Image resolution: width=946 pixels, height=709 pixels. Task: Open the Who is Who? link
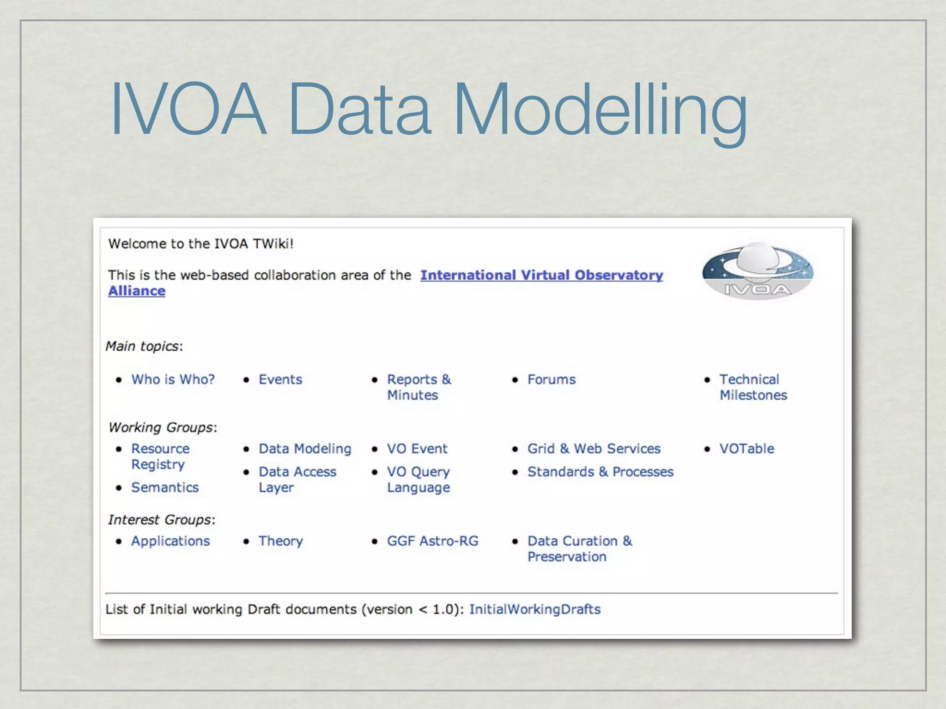tap(173, 379)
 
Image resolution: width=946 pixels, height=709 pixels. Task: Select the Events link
tap(280, 379)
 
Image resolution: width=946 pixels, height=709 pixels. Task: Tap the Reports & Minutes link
tap(418, 387)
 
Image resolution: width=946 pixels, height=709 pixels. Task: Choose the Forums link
tap(552, 379)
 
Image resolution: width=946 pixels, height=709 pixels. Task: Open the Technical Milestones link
tap(752, 387)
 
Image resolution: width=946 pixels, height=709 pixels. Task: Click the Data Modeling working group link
tap(305, 449)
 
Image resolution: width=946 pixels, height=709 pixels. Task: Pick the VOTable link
tap(746, 449)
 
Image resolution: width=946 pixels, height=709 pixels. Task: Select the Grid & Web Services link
tap(594, 449)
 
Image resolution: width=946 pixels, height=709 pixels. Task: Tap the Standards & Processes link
tap(600, 472)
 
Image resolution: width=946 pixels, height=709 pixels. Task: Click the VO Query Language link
tap(418, 479)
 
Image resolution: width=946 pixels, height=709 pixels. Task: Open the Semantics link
tap(165, 487)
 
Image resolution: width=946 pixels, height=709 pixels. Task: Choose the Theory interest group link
tap(280, 541)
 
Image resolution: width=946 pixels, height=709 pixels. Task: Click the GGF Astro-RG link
tap(432, 541)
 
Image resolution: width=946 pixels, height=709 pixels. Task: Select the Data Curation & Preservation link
tap(579, 548)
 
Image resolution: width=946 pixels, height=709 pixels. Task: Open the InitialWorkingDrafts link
tap(535, 609)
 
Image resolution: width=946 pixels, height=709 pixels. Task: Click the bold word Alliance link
tap(137, 291)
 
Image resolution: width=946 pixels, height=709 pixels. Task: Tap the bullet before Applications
tap(119, 541)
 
